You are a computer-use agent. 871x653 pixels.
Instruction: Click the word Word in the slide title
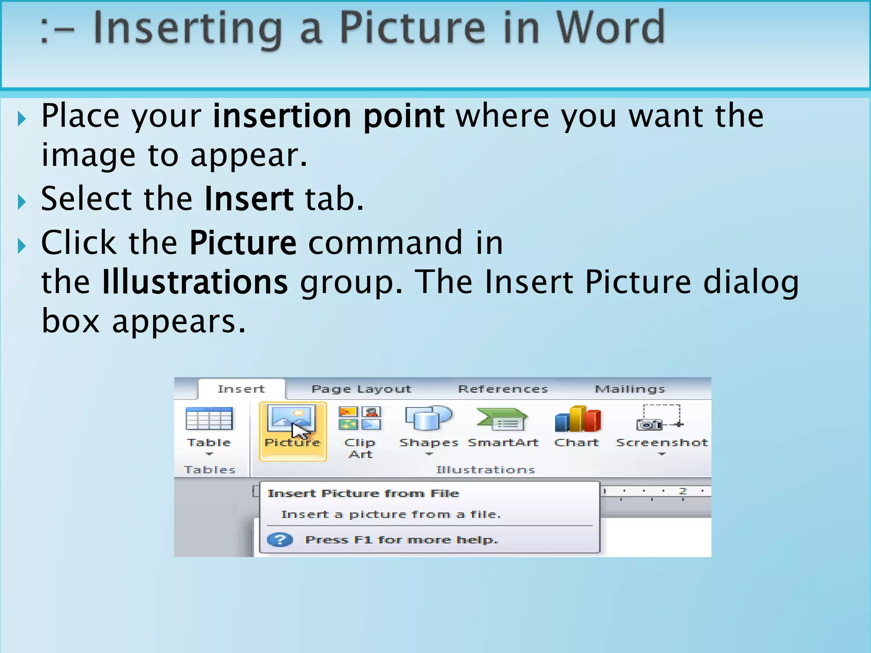610,28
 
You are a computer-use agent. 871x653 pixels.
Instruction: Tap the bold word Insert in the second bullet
249,199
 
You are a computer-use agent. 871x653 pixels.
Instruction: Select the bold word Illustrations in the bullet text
195,282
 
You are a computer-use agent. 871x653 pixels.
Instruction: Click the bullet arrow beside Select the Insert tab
22,202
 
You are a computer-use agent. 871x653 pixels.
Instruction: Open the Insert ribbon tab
241,389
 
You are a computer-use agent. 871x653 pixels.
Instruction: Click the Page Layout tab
361,389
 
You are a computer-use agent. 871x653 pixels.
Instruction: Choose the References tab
503,389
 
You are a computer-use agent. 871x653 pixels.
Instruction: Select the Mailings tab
629,389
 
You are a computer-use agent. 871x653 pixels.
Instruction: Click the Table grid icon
209,419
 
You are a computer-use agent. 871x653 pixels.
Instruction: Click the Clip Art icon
360,419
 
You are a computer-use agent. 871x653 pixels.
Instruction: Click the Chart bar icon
578,419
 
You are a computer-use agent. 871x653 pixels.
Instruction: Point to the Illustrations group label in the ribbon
485,470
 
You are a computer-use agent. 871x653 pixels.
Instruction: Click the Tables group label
209,470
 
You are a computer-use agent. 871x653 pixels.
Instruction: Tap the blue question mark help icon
280,540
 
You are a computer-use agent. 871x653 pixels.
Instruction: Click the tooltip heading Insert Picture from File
363,494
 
